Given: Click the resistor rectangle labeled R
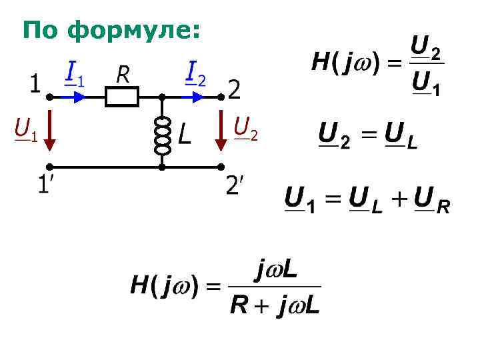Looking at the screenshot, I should [122, 97].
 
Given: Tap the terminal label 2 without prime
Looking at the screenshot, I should [235, 89].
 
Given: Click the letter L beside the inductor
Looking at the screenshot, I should [185, 136].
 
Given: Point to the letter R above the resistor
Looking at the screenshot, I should [123, 75].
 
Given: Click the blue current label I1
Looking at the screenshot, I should [74, 73].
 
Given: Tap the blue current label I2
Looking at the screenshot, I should [195, 73].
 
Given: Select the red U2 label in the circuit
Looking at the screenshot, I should [245, 127].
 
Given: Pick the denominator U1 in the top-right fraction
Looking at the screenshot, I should [425, 84].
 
